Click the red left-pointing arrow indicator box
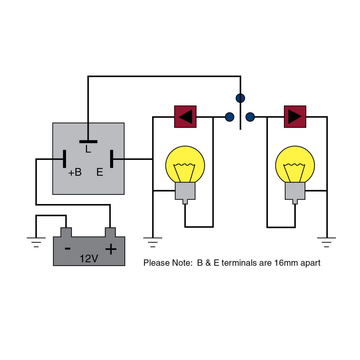[185, 116]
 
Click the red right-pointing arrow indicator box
[295, 116]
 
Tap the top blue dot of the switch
[240, 98]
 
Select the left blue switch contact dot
[229, 117]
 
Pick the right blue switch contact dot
[250, 117]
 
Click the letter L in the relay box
[88, 149]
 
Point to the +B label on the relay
[75, 172]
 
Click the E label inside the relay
[100, 172]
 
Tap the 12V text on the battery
[89, 259]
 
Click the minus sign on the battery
[68, 248]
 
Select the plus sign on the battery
[111, 249]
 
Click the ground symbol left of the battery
[36, 242]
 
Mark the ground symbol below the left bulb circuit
[153, 242]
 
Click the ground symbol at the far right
[327, 242]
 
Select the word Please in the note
[157, 263]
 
